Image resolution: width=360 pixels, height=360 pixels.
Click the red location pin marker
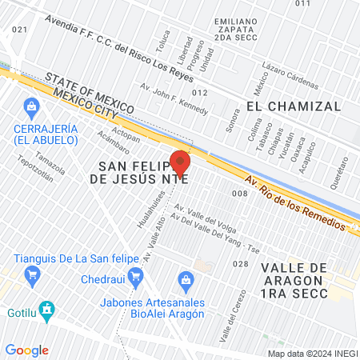180,162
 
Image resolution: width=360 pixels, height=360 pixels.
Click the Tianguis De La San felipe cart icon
32,277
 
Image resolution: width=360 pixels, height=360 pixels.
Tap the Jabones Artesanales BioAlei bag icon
186,279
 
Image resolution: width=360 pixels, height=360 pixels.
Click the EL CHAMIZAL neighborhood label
294,106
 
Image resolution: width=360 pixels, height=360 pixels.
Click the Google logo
26,350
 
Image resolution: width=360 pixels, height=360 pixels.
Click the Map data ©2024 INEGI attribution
312,353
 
